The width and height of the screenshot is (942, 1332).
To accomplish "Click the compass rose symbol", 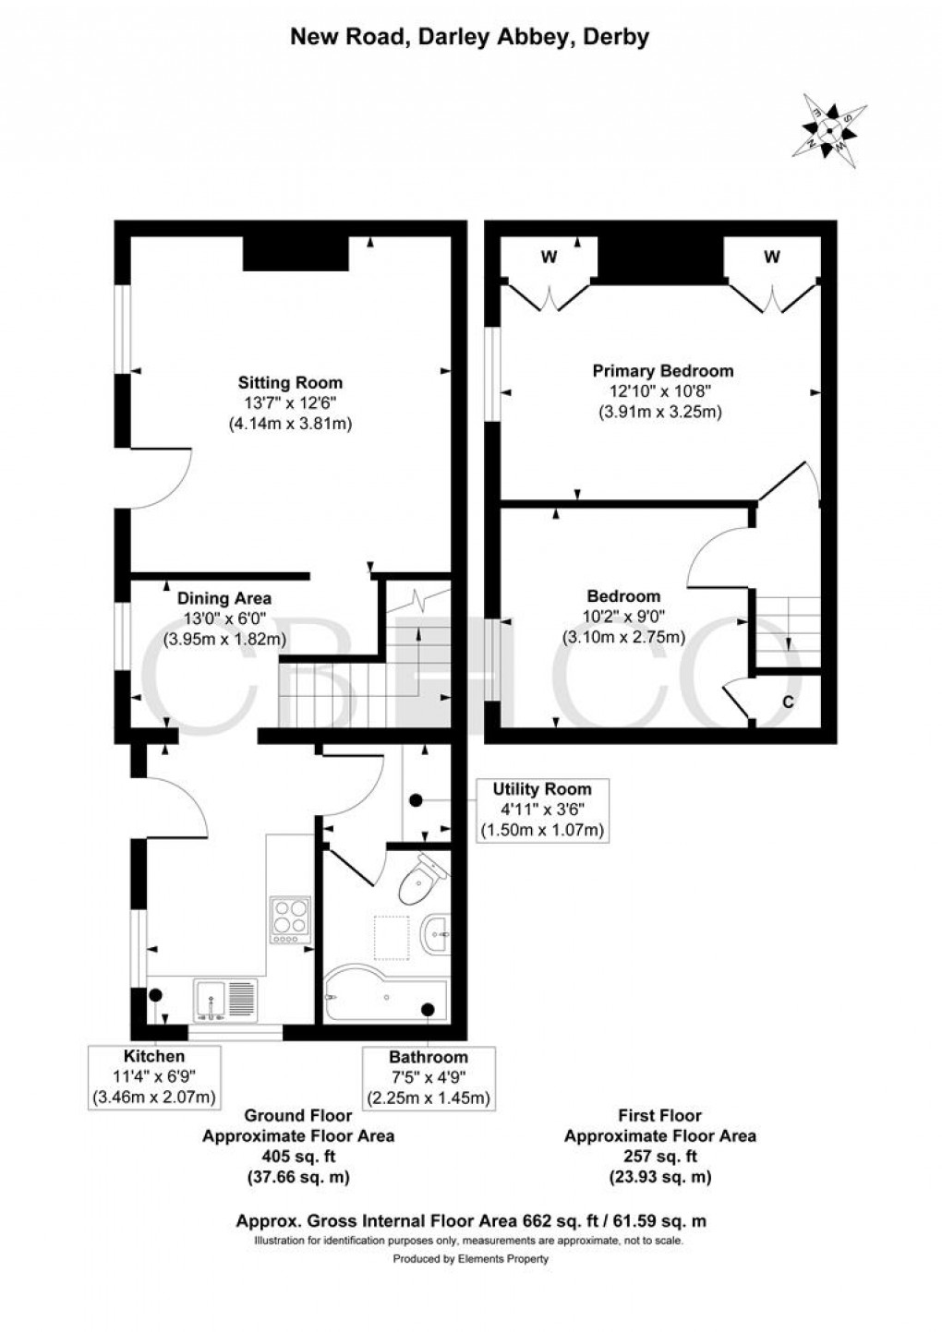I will pyautogui.click(x=829, y=130).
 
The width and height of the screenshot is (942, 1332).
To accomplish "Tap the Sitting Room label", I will pyautogui.click(x=290, y=382).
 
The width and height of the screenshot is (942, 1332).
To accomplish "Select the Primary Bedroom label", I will pyautogui.click(x=662, y=371).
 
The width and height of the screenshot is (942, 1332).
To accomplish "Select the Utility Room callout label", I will pyautogui.click(x=542, y=810).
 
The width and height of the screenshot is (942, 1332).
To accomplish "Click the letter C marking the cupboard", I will pyautogui.click(x=788, y=702).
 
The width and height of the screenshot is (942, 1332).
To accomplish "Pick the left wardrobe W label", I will pyautogui.click(x=549, y=258).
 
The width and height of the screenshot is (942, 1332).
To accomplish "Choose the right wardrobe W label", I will pyautogui.click(x=771, y=257).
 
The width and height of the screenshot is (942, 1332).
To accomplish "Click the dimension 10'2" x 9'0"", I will pyautogui.click(x=623, y=617).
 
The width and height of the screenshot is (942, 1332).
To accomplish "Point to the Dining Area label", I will pyautogui.click(x=224, y=598).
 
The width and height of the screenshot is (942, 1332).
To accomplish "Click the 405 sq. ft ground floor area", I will pyautogui.click(x=298, y=1157).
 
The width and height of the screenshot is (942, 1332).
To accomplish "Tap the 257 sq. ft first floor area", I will pyautogui.click(x=659, y=1157).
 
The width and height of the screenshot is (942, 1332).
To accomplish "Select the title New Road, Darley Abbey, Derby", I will pyautogui.click(x=470, y=37).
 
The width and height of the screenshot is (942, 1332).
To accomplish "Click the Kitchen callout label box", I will pyautogui.click(x=154, y=1076).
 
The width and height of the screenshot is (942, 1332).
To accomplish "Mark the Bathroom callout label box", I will pyautogui.click(x=428, y=1077).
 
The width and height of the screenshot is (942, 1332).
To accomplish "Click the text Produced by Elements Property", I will pyautogui.click(x=470, y=1258).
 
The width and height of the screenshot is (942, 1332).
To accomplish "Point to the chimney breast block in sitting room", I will pyautogui.click(x=296, y=253).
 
